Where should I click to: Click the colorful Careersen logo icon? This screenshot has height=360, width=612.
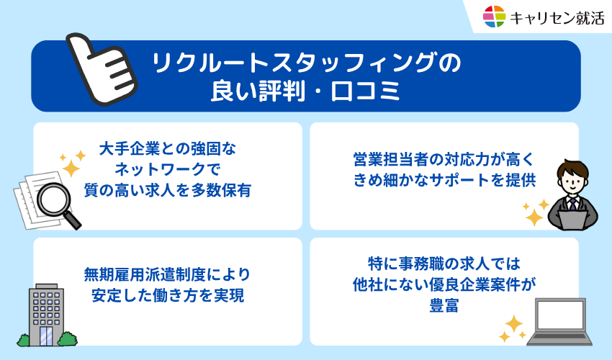[495, 16]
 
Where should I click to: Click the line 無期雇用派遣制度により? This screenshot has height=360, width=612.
[167, 274]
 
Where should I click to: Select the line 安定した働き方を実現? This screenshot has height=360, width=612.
[167, 294]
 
